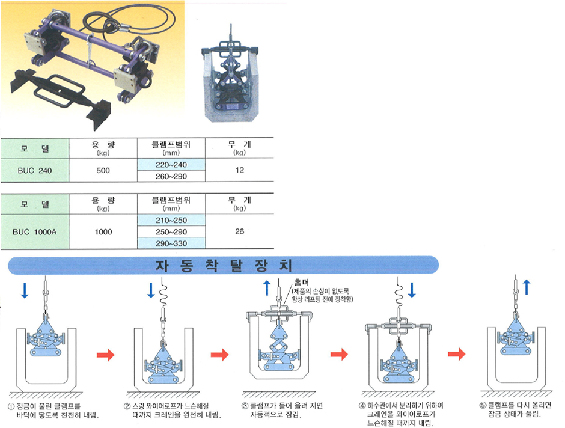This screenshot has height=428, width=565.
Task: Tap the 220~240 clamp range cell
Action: [x=171, y=164]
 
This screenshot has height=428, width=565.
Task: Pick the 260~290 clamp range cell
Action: [x=171, y=176]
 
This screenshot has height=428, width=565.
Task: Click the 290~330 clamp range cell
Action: [x=171, y=243]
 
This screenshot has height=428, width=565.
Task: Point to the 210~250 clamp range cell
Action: [x=171, y=221]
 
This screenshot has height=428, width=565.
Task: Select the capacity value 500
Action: [x=103, y=171]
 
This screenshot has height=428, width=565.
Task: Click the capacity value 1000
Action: [x=103, y=231]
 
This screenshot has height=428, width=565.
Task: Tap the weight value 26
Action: [x=240, y=231]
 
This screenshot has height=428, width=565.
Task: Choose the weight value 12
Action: [x=240, y=171]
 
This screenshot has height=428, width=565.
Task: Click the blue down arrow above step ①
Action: [x=24, y=290]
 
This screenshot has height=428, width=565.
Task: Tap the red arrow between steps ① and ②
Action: [x=106, y=355]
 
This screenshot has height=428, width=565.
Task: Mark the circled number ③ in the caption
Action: [x=245, y=405]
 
